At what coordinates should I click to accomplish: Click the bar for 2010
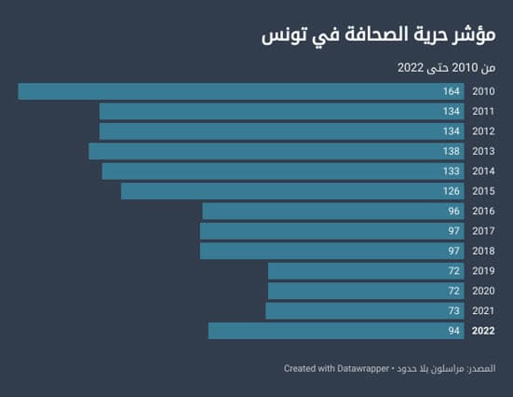(x=241, y=91)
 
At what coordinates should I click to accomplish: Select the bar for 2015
(x=292, y=191)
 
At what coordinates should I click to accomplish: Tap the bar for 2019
(x=366, y=271)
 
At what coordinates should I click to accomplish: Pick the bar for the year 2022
(x=336, y=331)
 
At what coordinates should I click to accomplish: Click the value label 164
(x=452, y=91)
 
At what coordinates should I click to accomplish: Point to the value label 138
(x=452, y=151)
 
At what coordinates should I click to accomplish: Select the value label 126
(x=452, y=191)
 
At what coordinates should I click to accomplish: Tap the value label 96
(x=453, y=212)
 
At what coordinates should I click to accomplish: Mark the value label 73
(x=453, y=311)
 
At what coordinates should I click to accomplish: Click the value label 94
(x=453, y=331)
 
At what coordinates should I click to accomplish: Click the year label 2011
(x=483, y=111)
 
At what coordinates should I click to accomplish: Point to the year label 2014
(x=483, y=171)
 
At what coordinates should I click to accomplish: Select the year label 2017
(x=483, y=231)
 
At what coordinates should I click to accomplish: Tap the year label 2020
(x=483, y=291)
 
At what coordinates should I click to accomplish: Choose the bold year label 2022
(x=483, y=331)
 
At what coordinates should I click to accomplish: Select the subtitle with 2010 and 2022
(x=447, y=67)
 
